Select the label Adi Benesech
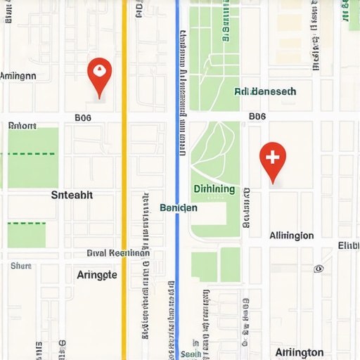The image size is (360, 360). click(265, 91)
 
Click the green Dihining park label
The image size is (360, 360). click(214, 189)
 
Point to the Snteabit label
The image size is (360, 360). click(72, 195)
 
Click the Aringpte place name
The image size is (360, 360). click(96, 275)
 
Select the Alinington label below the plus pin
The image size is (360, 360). click(291, 236)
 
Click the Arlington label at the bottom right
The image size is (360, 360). click(300, 352)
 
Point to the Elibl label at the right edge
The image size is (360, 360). click(348, 245)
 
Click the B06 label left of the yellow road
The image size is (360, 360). click(83, 119)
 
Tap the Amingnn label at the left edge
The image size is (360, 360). click(18, 76)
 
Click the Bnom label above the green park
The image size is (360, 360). click(22, 127)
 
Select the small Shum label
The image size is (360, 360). click(21, 266)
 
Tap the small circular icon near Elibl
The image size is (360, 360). click(319, 268)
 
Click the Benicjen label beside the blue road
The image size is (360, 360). click(179, 208)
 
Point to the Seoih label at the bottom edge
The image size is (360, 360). click(189, 355)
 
